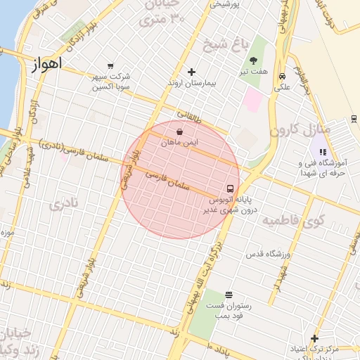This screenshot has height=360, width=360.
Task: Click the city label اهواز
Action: tap(48, 64)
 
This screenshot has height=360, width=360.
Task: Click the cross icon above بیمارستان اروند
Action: tap(191, 72)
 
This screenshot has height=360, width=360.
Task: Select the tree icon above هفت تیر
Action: tap(253, 60)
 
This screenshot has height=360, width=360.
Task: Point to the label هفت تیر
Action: tap(253, 72)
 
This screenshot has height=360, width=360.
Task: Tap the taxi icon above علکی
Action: tap(282, 76)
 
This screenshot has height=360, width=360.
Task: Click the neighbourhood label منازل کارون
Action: tap(295, 129)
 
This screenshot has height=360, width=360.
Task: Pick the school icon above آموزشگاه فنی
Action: tap(323, 151)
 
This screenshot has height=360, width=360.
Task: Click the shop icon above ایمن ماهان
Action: tap(180, 131)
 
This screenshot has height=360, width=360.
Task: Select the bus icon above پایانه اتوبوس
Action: tap(230, 188)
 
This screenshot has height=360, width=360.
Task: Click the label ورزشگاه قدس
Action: tap(267, 252)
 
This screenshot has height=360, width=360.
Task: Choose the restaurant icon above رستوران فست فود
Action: tap(229, 295)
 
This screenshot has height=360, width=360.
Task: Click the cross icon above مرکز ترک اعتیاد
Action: tap(314, 338)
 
